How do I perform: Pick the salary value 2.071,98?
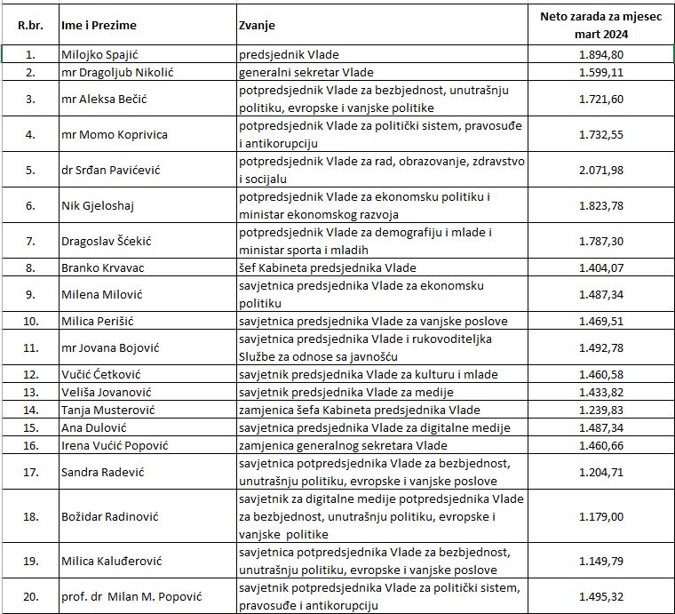click(602, 169)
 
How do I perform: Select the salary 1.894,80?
click(602, 54)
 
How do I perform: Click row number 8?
click(29, 267)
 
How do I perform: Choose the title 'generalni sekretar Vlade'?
click(306, 72)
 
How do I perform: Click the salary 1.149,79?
click(602, 561)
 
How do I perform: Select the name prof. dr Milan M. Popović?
click(131, 596)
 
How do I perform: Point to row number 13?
click(29, 392)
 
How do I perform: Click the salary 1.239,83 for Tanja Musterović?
click(602, 410)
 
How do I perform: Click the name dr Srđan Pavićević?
click(108, 169)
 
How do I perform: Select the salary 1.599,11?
click(602, 72)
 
